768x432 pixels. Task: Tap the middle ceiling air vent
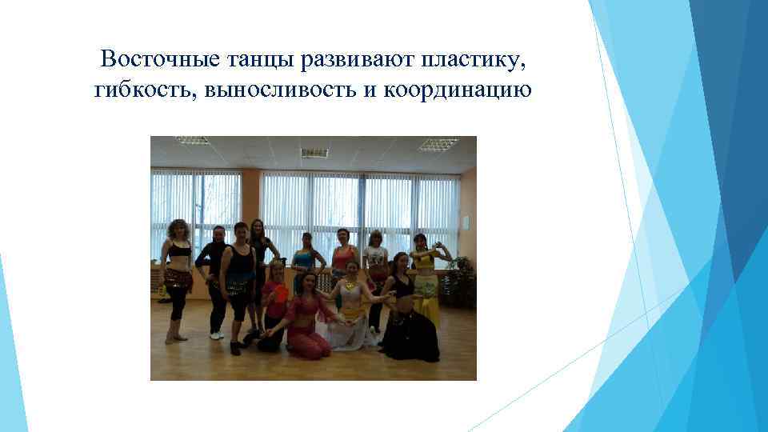click(314, 152)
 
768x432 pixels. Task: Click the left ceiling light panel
click(192, 141)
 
